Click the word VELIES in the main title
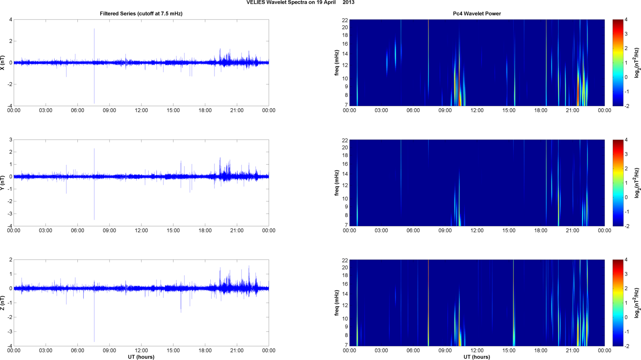pyautogui.click(x=255, y=3)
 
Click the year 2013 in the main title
pyautogui.click(x=349, y=3)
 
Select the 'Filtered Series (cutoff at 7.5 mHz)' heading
pyautogui.click(x=141, y=14)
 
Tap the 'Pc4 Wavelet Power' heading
pyautogui.click(x=477, y=14)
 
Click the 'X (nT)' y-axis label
pyautogui.click(x=3, y=63)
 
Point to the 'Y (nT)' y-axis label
pyautogui.click(x=3, y=183)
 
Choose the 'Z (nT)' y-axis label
pyautogui.click(x=3, y=303)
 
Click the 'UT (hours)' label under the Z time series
pyautogui.click(x=141, y=357)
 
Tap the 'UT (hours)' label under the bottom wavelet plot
pyautogui.click(x=477, y=357)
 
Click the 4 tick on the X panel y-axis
pyautogui.click(x=11, y=20)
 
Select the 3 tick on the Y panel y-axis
pyautogui.click(x=11, y=140)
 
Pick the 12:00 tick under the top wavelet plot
pyautogui.click(x=477, y=110)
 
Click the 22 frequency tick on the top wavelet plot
pyautogui.click(x=345, y=20)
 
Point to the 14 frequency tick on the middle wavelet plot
pyautogui.click(x=345, y=174)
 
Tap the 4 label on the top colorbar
pyautogui.click(x=626, y=20)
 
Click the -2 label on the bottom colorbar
pyautogui.click(x=627, y=346)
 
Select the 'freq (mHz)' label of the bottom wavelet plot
pyautogui.click(x=337, y=303)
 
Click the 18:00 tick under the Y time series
pyautogui.click(x=205, y=231)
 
